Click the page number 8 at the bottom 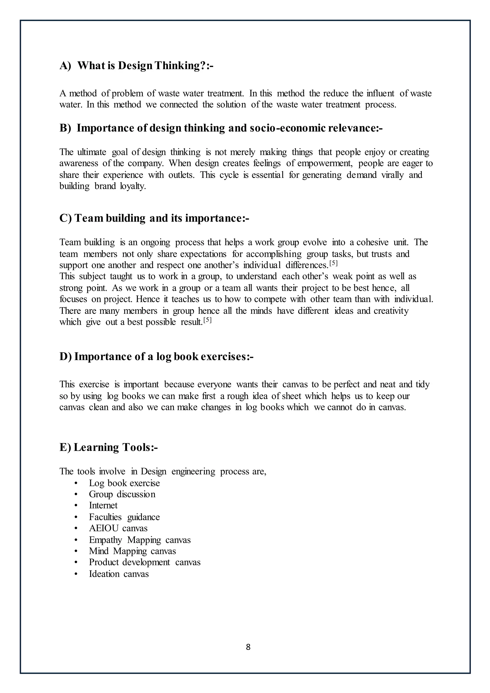coord(248,647)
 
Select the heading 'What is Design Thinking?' coord(136,66)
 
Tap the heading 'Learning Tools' coord(109,447)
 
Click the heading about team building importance coord(154,218)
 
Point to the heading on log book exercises coord(156,357)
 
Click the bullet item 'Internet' coord(103,505)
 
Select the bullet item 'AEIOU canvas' coord(118,528)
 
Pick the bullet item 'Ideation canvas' coord(119,574)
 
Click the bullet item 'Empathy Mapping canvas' coord(140,540)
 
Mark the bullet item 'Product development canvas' coord(145,562)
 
